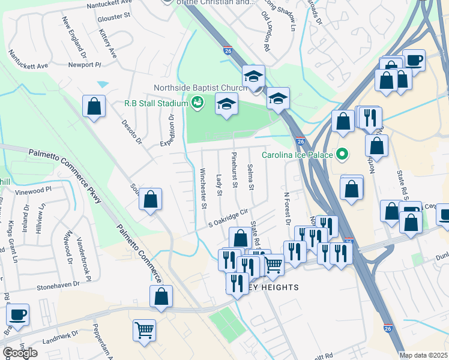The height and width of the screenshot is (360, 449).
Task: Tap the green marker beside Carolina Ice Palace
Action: coord(342,155)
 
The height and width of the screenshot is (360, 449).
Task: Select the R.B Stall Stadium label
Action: coord(156,103)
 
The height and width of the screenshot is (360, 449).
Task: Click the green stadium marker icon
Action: coord(197,103)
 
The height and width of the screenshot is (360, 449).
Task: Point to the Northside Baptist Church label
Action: coord(200,88)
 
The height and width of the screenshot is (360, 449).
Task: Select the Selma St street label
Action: coord(251,179)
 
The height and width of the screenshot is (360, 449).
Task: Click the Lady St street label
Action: coord(219,185)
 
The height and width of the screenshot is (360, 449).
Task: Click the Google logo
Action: coord(20,353)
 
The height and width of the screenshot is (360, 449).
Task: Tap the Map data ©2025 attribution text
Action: coord(423,355)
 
